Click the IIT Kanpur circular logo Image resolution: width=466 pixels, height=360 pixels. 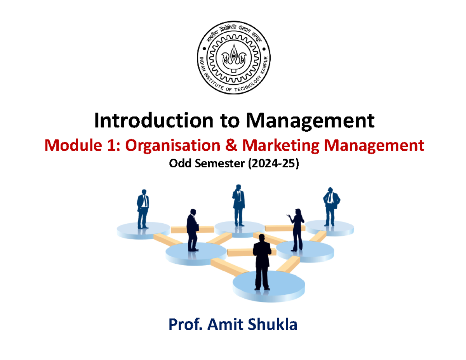[233, 61]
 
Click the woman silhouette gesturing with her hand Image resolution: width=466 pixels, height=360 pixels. [297, 229]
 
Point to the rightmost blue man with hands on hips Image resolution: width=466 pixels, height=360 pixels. [330, 206]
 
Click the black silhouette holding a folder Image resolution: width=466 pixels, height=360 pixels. [193, 230]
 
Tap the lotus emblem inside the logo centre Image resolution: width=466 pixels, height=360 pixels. [233, 58]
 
